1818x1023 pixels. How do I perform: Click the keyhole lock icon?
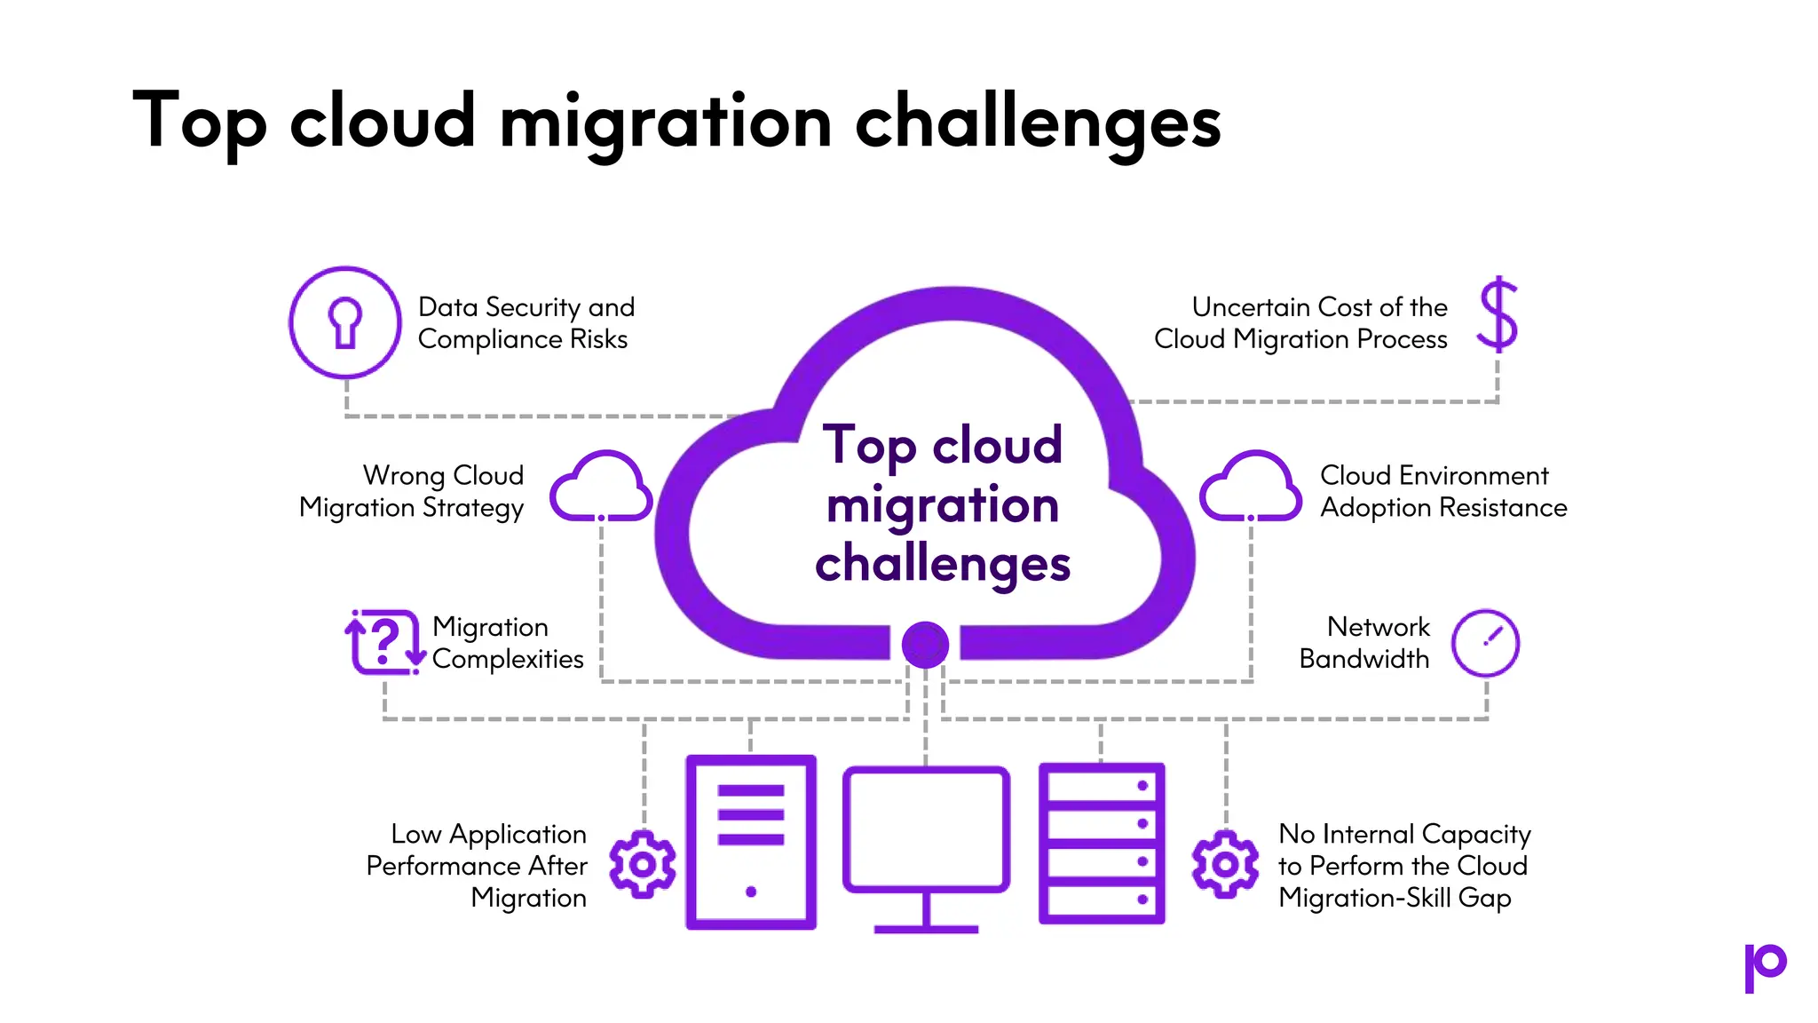pos(345,322)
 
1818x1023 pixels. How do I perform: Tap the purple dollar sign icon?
pos(1498,314)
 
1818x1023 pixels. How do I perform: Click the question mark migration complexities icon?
pos(384,642)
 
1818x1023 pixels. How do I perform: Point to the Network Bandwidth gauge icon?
pos(1486,643)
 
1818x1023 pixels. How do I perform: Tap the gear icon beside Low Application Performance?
pos(643,864)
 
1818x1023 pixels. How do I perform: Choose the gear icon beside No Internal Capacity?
pos(1225,864)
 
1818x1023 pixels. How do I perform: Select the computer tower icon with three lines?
pos(751,842)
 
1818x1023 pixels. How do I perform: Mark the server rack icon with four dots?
pos(1102,844)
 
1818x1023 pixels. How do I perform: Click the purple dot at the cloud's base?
pos(925,645)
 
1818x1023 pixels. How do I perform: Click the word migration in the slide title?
pos(666,122)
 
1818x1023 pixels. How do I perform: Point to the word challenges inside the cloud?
pos(943,564)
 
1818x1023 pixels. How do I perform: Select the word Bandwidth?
pos(1364,659)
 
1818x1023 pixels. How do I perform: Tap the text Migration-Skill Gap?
pos(1395,898)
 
